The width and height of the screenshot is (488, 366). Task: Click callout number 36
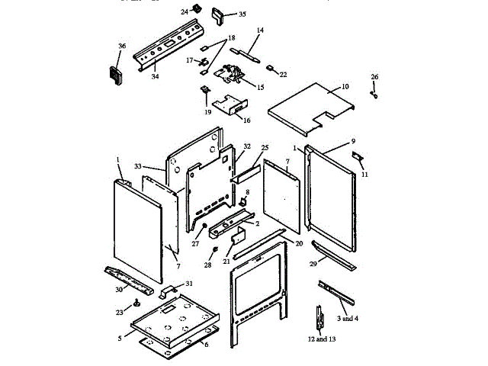pyautogui.click(x=121, y=47)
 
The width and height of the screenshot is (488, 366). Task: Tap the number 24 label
pyautogui.click(x=185, y=12)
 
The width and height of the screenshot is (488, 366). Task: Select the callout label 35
pyautogui.click(x=221, y=14)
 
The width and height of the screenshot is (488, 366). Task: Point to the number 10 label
pyautogui.click(x=345, y=87)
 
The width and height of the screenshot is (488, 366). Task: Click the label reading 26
pyautogui.click(x=374, y=77)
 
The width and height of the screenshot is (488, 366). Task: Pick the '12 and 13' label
pyautogui.click(x=322, y=339)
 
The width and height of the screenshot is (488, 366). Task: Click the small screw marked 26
pyautogui.click(x=374, y=95)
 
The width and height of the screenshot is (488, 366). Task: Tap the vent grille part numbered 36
pyautogui.click(x=117, y=74)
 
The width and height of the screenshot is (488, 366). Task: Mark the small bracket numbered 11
pyautogui.click(x=357, y=158)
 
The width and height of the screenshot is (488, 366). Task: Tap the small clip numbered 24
pyautogui.click(x=196, y=9)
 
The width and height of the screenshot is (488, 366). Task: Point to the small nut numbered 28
pyautogui.click(x=216, y=250)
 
